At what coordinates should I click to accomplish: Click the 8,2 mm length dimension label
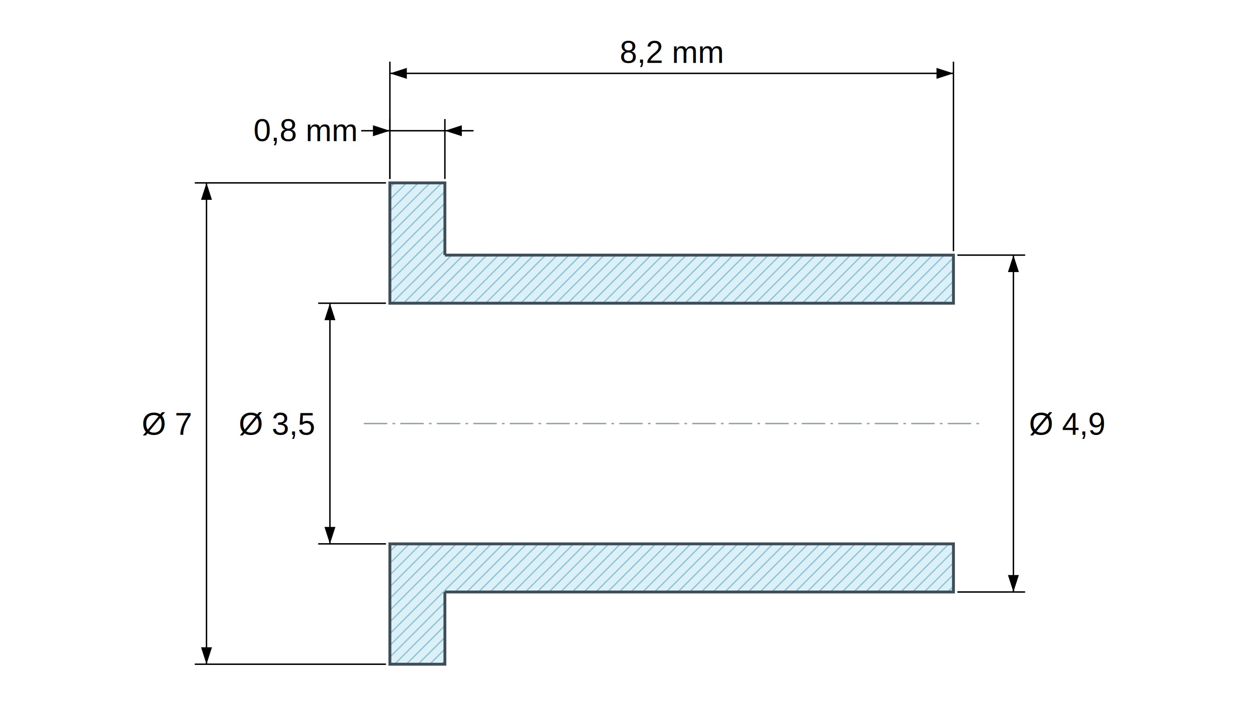tap(671, 53)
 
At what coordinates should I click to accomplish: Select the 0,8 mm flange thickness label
tap(305, 131)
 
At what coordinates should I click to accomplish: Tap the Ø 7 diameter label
tap(167, 424)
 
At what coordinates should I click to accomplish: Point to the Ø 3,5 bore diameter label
tap(277, 424)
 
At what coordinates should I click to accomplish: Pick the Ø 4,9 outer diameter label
tap(1067, 424)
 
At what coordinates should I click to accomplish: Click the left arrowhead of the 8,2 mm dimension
tap(398, 73)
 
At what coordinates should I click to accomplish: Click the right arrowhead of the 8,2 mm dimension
tap(944, 73)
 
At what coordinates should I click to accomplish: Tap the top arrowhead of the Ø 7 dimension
tap(206, 192)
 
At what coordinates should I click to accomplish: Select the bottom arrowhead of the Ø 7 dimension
tap(206, 655)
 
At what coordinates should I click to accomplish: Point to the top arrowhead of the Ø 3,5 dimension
tap(330, 312)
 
